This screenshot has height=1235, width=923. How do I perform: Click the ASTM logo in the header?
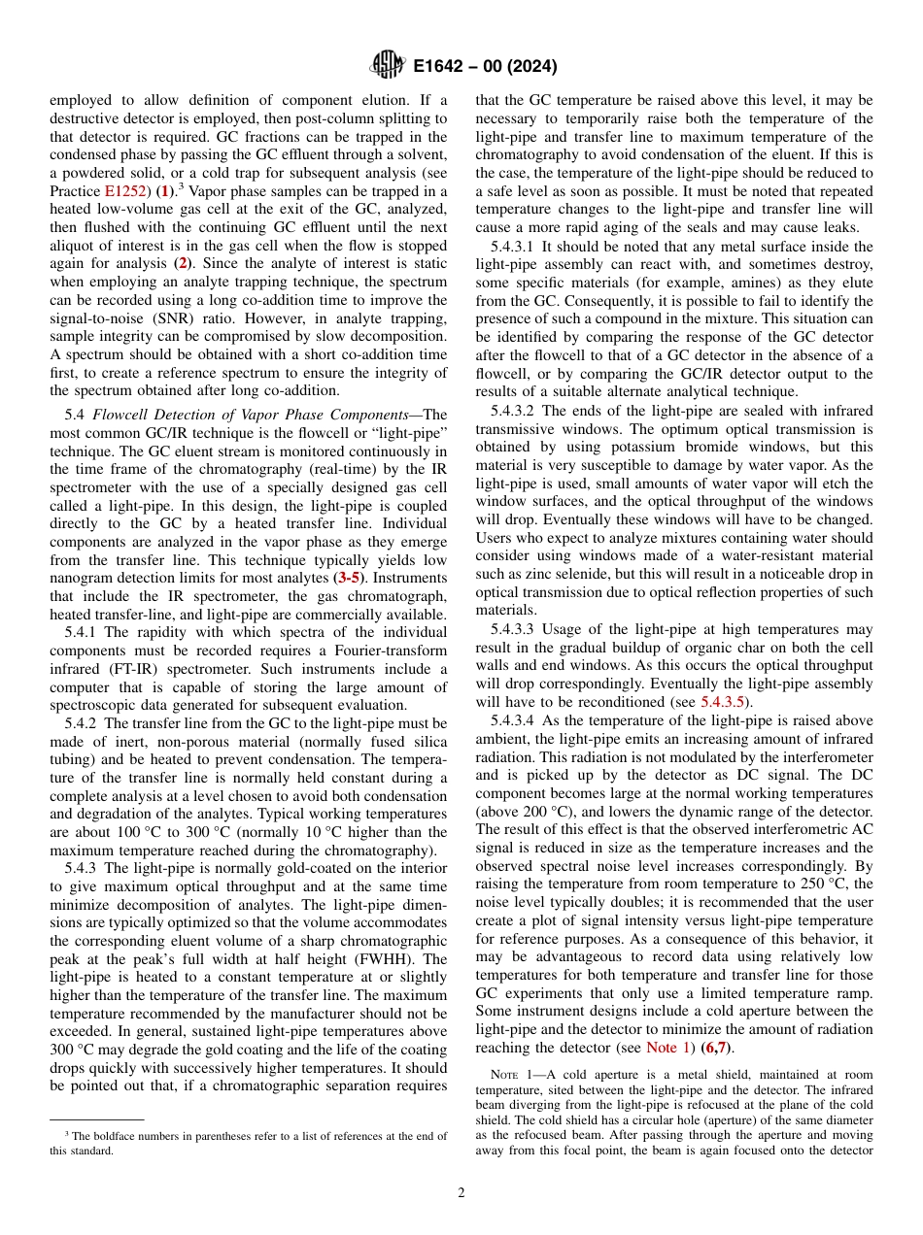coord(386,66)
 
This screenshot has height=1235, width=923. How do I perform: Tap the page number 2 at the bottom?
coord(461,1192)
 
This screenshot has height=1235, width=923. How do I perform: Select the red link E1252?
coord(122,191)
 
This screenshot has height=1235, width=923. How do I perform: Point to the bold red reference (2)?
coord(181,263)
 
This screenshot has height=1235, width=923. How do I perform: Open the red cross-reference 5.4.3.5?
coord(724,702)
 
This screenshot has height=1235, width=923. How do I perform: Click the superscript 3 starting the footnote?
coord(67,1135)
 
